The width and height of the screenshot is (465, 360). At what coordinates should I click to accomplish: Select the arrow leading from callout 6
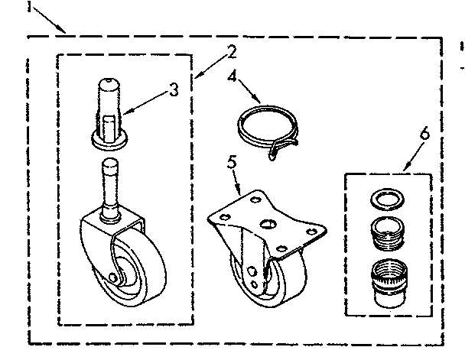tap(412, 157)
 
